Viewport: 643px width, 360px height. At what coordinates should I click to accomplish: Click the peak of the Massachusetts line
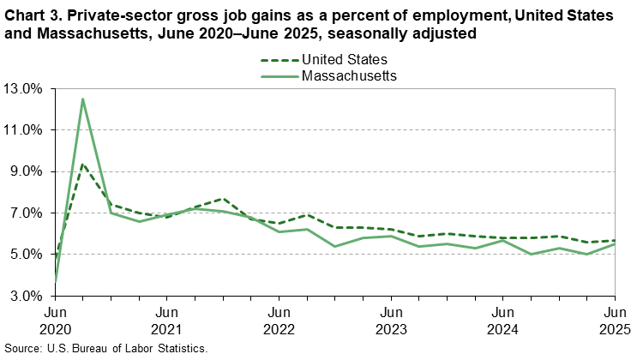click(82, 99)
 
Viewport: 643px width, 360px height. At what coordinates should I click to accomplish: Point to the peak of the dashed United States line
click(82, 163)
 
